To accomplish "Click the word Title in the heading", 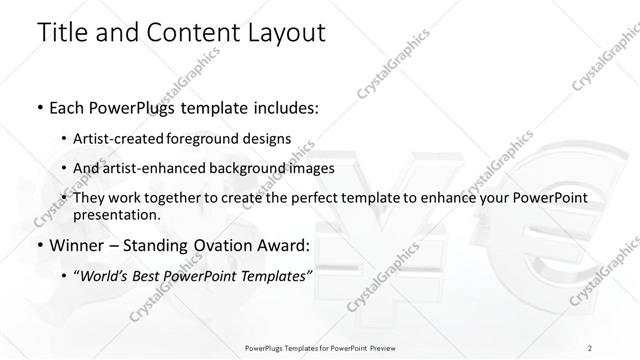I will [x=62, y=32].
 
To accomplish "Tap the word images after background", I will [x=311, y=168].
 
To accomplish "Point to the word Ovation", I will [x=236, y=245].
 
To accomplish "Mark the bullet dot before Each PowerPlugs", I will [x=38, y=107].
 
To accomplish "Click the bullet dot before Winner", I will [x=38, y=246].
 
